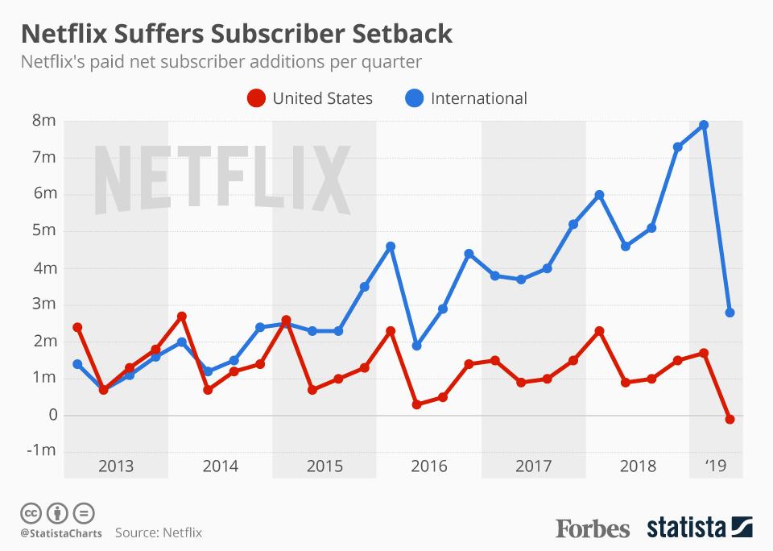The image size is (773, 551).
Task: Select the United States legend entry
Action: pos(310,98)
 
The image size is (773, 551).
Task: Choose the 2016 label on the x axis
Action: pos(429,466)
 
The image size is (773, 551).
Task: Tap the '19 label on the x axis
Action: pos(715,466)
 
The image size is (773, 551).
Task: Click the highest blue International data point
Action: pos(704,125)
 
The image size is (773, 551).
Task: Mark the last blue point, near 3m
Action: pos(730,313)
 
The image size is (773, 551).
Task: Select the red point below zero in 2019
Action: pos(730,419)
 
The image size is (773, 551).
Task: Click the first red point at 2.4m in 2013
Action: pos(77,327)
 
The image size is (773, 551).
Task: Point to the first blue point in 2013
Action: pos(77,364)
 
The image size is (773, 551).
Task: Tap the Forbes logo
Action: pos(592,528)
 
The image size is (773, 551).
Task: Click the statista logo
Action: pos(699,528)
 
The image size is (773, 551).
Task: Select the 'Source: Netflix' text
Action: pos(158,532)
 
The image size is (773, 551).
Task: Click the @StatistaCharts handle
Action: pos(60,532)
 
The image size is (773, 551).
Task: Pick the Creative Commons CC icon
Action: pos(31,512)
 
